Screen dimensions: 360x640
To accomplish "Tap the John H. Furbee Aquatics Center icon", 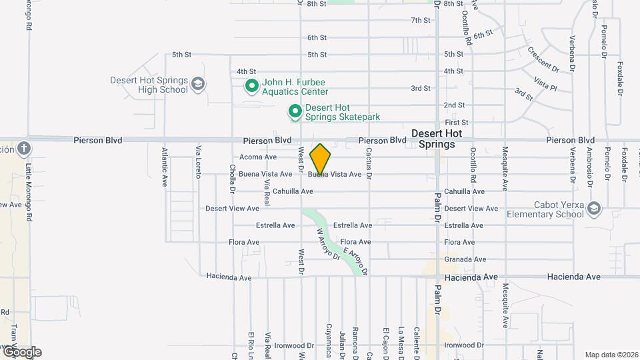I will [x=252, y=86].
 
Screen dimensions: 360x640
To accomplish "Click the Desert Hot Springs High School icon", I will [x=197, y=84].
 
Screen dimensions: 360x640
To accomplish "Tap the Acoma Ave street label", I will [x=257, y=157].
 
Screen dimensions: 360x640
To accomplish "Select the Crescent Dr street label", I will [x=543, y=59].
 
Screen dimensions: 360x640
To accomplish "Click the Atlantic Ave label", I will [x=164, y=166].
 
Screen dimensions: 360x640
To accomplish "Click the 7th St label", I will [x=421, y=20].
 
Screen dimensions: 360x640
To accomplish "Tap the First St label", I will [x=457, y=123].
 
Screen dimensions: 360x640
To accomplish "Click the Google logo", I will [x=21, y=351].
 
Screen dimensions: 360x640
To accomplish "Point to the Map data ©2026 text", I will [x=611, y=355].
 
